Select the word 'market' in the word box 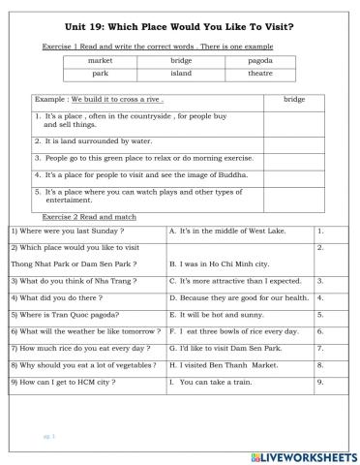click(100, 60)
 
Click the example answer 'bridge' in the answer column click(294, 99)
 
